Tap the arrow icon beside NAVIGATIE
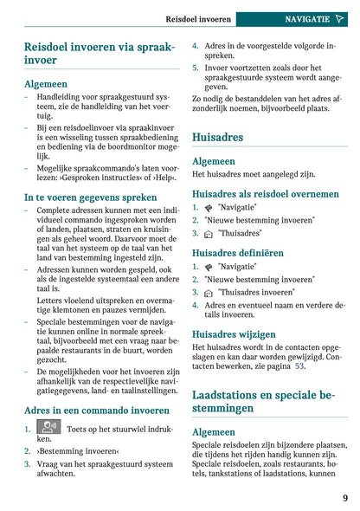pyautogui.click(x=339, y=18)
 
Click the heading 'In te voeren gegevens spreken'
pyautogui.click(x=91, y=197)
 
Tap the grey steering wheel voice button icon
pyautogui.click(x=48, y=427)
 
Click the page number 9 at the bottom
pyautogui.click(x=344, y=497)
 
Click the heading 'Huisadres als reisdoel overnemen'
pyautogui.click(x=266, y=194)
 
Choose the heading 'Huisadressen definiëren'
pyautogui.click(x=237, y=252)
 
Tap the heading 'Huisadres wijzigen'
pyautogui.click(x=234, y=333)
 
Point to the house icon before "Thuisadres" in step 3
pyautogui.click(x=209, y=234)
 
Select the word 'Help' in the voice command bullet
pyautogui.click(x=159, y=178)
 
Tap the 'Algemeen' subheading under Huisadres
pyautogui.click(x=213, y=161)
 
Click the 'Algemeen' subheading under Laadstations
pyautogui.click(x=213, y=431)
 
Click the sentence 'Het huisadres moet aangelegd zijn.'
pyautogui.click(x=248, y=175)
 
